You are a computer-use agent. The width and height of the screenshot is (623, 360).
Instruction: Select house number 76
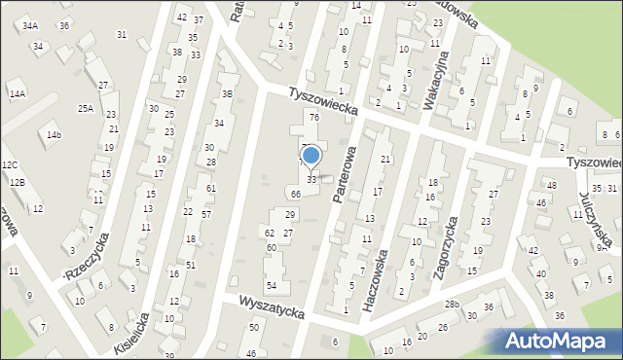314,118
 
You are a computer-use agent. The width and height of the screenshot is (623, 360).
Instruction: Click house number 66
295,195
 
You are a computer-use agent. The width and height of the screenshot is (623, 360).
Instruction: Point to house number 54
272,285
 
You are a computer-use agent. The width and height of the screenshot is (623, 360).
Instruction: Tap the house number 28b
452,306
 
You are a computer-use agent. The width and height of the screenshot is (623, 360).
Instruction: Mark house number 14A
17,93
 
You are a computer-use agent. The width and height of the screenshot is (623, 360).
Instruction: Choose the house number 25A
86,108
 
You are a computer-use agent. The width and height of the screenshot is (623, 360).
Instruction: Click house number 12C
10,165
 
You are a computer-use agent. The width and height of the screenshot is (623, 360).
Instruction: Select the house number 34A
30,25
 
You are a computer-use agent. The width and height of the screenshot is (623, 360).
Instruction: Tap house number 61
211,188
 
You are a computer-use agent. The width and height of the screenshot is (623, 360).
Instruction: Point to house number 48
551,185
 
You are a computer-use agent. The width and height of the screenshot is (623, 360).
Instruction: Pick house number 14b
54,134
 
